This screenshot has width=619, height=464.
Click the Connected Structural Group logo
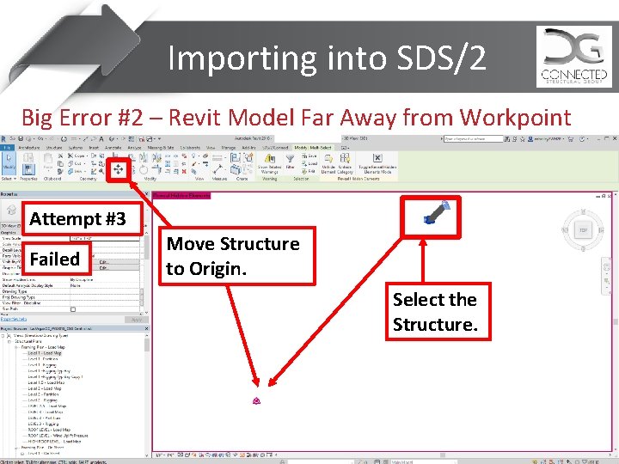click(x=574, y=56)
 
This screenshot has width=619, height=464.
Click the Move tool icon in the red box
click(x=118, y=169)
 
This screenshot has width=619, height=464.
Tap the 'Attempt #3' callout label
click(x=77, y=219)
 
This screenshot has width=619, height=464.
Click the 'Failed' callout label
click(x=54, y=259)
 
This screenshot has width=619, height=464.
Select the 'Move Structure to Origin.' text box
click(x=232, y=256)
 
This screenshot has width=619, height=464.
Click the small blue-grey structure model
click(x=435, y=212)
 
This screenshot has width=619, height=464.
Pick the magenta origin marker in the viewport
click(x=256, y=401)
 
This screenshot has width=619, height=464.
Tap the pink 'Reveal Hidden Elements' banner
click(x=181, y=196)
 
